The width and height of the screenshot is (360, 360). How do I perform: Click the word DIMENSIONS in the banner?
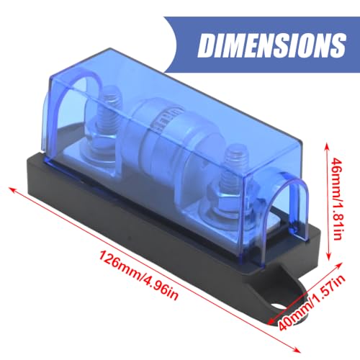click(272, 45)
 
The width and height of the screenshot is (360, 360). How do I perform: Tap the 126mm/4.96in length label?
click(139, 275)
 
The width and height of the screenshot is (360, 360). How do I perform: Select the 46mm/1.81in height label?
click(336, 199)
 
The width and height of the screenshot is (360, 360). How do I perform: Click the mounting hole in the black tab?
click(279, 306)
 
